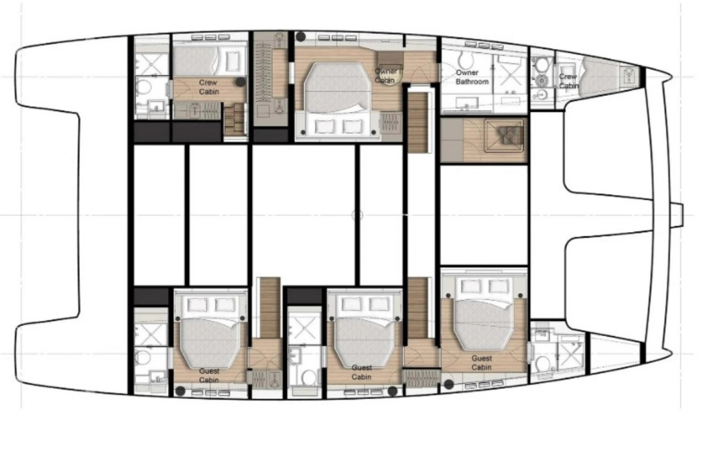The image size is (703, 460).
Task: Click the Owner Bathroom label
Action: (x=472, y=77)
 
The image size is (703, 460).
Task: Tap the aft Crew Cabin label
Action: (x=209, y=87)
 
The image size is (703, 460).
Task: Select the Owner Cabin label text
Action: (x=386, y=76)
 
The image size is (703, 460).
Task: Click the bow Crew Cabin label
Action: (x=569, y=81)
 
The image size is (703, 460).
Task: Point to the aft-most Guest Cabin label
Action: (x=209, y=376)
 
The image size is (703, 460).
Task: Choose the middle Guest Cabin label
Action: (x=361, y=372)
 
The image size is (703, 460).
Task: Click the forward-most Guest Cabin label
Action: (x=481, y=363)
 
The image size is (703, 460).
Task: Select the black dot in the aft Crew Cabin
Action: (x=240, y=82)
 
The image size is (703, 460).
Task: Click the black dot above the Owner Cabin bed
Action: (x=301, y=37)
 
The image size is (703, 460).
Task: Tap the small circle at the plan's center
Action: (x=357, y=215)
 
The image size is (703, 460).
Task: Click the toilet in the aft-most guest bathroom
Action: (x=143, y=357)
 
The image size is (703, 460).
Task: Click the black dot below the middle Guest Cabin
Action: (x=392, y=391)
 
